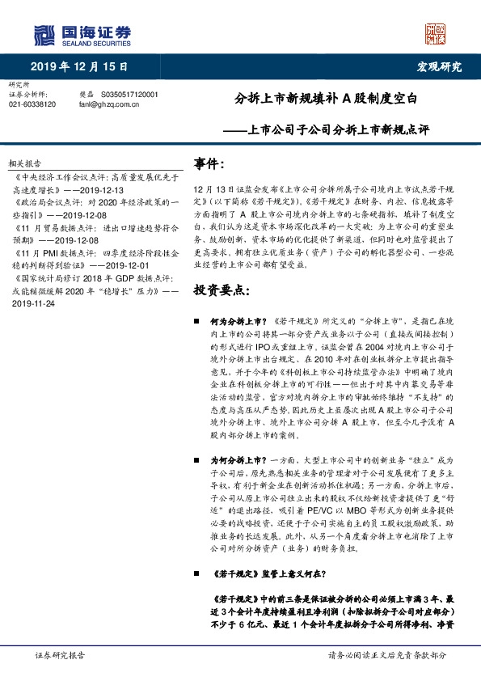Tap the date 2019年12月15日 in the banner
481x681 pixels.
(79, 66)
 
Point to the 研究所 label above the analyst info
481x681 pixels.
(18, 84)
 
